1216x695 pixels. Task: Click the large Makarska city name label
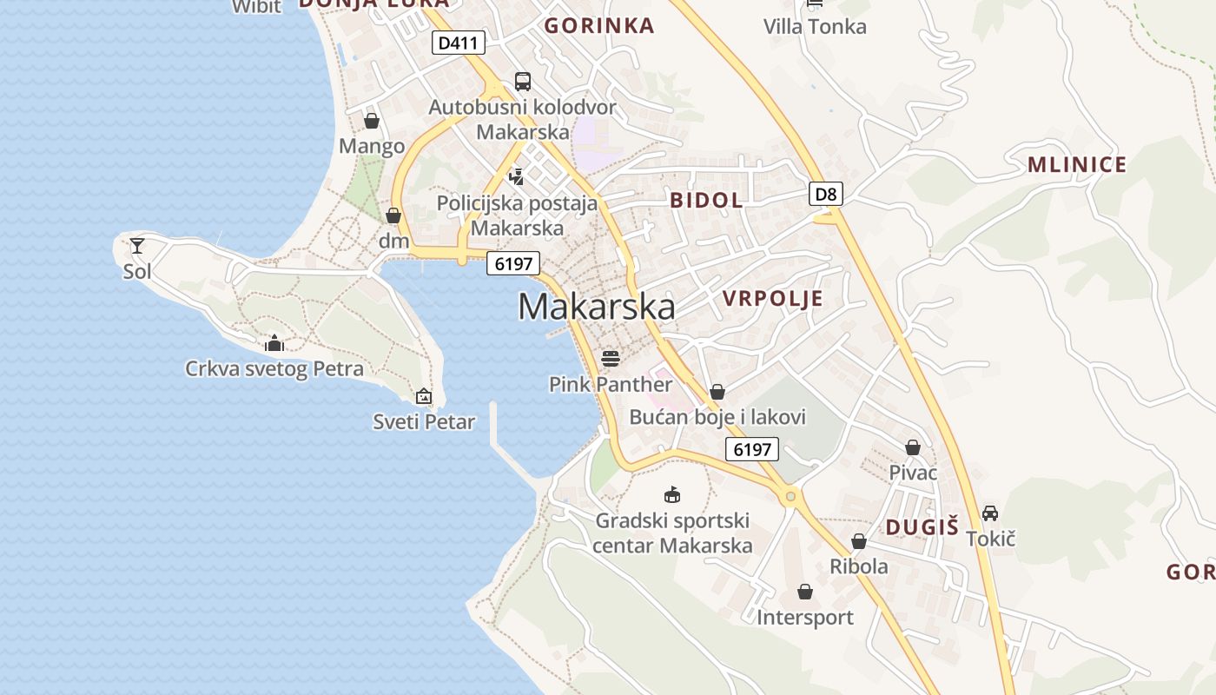597,307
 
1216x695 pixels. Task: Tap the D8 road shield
826,194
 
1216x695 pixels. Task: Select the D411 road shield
458,43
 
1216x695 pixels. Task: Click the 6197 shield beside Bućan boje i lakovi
752,449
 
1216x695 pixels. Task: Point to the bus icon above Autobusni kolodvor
522,82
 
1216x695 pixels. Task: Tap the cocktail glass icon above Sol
137,246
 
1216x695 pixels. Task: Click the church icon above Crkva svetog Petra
274,343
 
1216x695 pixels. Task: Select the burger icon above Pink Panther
611,358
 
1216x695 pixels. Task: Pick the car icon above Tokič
990,513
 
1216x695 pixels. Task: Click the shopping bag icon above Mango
372,121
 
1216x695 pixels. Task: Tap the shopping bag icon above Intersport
805,592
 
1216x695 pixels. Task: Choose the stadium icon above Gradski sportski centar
671,494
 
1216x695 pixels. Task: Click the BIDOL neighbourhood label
706,200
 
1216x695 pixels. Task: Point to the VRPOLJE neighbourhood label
772,299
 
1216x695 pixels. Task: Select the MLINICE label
1076,164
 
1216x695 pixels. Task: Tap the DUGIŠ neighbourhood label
922,526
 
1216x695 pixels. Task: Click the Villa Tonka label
815,27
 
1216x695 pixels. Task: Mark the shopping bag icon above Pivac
913,447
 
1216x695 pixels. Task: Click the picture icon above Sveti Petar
424,396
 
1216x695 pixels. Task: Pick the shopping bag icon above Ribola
859,541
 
